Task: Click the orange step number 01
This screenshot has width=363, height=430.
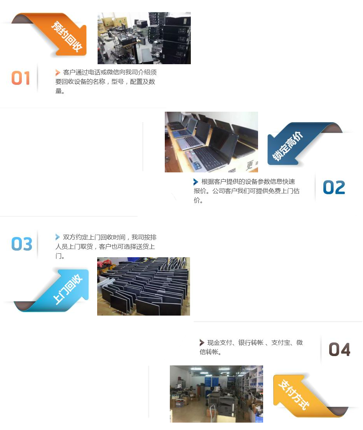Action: (21, 78)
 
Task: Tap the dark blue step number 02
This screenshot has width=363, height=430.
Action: (334, 188)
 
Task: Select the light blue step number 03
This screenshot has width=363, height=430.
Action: (22, 244)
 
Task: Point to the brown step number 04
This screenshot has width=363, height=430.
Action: (339, 349)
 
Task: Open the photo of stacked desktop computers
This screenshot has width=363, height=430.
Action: (144, 38)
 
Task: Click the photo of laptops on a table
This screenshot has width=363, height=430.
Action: (211, 142)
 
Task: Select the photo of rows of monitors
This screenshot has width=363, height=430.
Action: (143, 286)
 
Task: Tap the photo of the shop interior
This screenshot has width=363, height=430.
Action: (216, 394)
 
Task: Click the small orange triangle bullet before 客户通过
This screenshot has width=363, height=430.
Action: (58, 73)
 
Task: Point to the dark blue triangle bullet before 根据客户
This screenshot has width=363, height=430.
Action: (195, 182)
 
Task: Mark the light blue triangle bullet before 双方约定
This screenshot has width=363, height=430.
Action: (58, 237)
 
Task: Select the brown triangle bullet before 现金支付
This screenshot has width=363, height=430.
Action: (202, 342)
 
